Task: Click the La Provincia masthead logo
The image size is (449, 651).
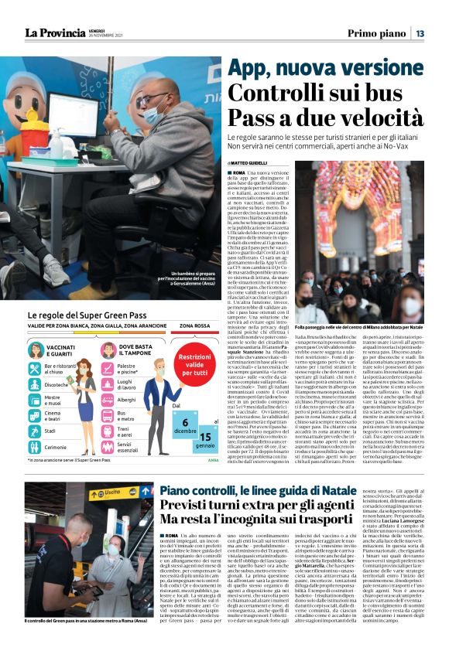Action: pyautogui.click(x=54, y=32)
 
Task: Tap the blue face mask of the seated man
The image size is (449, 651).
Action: pyautogui.click(x=153, y=116)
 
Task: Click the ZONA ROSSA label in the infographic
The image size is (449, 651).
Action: pyautogui.click(x=194, y=326)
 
